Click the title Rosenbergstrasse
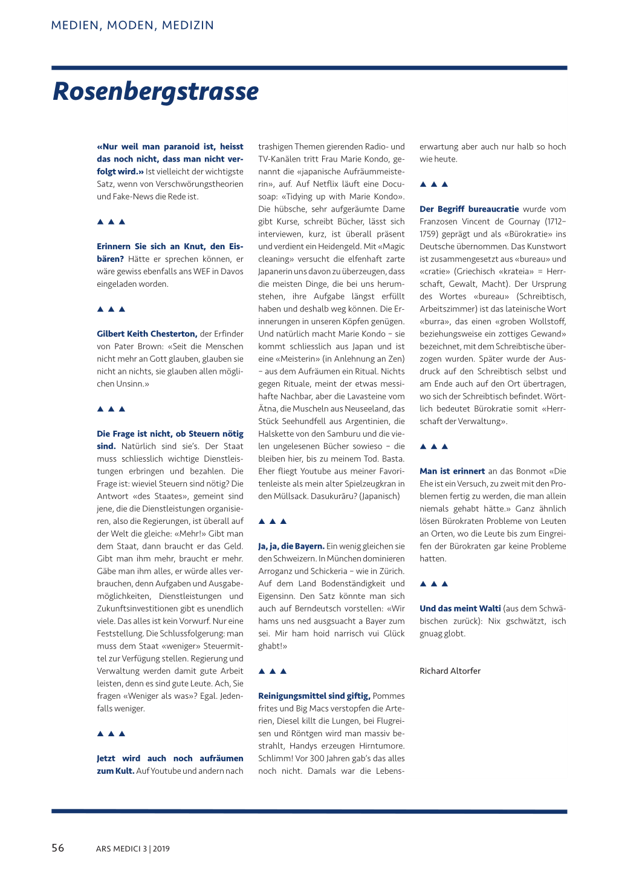(156, 91)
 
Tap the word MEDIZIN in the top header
(187, 25)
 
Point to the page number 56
(58, 848)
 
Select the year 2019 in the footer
(161, 849)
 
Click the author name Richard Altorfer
(450, 671)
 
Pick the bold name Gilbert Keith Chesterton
(147, 334)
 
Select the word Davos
(232, 272)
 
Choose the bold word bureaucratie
(493, 209)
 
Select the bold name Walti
(489, 609)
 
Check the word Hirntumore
(382, 746)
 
